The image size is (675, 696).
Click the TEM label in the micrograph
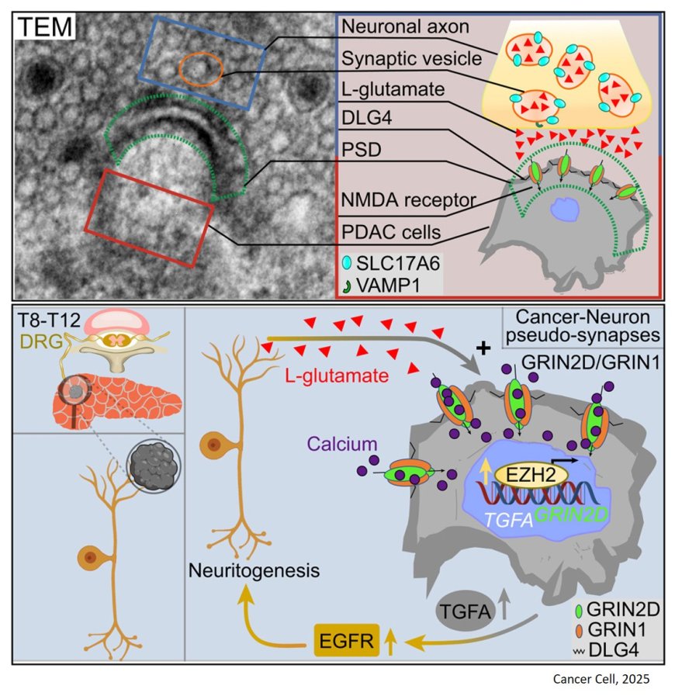click(45, 29)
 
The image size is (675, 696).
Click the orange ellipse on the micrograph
click(201, 68)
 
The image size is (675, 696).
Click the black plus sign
click(483, 348)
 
